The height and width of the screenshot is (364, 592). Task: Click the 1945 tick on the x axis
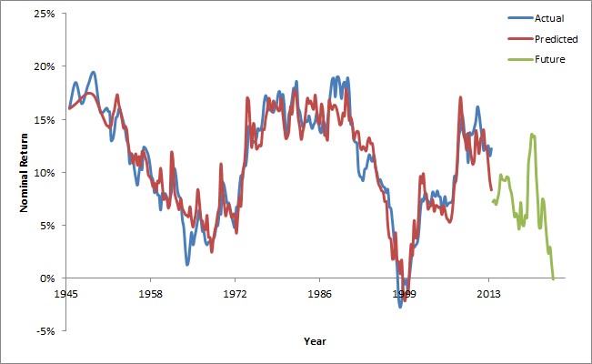pyautogui.click(x=66, y=295)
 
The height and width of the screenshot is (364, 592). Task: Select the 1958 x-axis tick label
pyautogui.click(x=151, y=295)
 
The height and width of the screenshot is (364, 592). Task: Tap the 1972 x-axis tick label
pyautogui.click(x=235, y=295)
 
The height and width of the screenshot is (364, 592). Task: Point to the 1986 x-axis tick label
pyautogui.click(x=319, y=295)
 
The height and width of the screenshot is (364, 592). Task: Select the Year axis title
pyautogui.click(x=316, y=342)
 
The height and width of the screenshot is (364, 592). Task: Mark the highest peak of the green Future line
pyautogui.click(x=532, y=135)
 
